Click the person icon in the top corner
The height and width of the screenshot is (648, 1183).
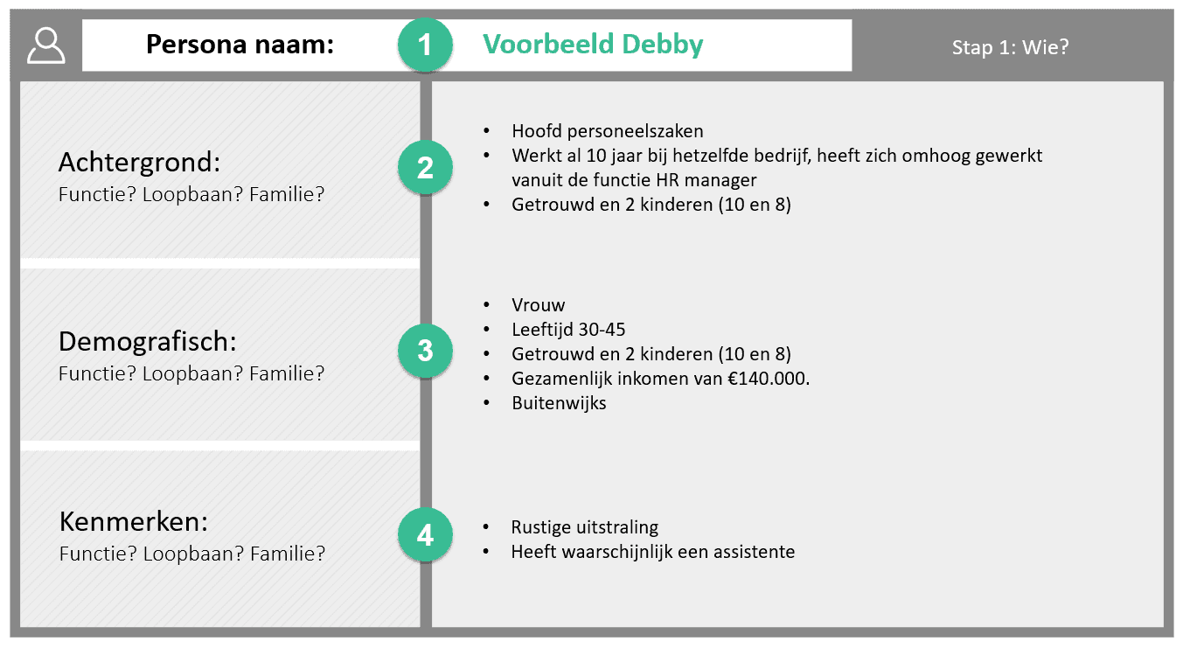(x=46, y=45)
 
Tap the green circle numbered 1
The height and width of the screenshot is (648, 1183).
(x=425, y=45)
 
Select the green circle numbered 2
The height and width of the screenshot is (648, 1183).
(x=425, y=167)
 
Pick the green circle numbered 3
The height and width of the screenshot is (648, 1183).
(x=425, y=351)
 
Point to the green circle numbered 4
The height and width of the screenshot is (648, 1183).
(x=425, y=535)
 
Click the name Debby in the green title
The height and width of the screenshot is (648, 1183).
(x=663, y=45)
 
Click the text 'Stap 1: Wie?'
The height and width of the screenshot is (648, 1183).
(x=1010, y=47)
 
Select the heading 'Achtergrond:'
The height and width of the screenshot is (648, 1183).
(x=139, y=162)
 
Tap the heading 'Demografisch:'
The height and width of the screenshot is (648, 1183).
(x=148, y=342)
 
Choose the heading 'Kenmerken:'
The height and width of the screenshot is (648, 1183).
(x=134, y=522)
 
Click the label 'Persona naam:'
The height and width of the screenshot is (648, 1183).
(x=240, y=44)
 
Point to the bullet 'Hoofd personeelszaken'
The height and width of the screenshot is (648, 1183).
(x=608, y=130)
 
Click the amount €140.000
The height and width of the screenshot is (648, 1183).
(x=769, y=378)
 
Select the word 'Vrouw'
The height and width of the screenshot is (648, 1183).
(x=538, y=304)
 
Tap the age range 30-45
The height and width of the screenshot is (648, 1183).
(x=602, y=329)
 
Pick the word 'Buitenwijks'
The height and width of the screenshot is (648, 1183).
(x=559, y=403)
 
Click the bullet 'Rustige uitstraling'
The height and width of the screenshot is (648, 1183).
(x=585, y=526)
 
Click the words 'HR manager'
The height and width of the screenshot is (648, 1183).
(x=706, y=180)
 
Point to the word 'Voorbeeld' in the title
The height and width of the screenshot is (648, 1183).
(x=548, y=44)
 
